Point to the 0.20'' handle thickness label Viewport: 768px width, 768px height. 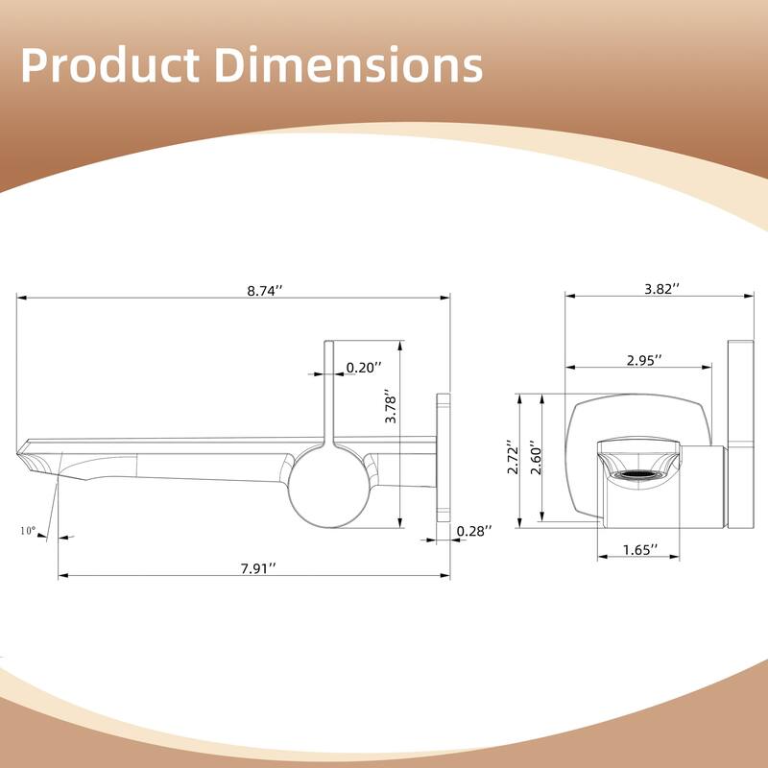coord(364,367)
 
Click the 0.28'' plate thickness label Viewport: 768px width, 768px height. coord(474,531)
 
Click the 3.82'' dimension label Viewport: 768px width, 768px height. coord(661,287)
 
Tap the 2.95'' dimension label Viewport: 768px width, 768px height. coord(645,360)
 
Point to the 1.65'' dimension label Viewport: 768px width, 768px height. coord(639,550)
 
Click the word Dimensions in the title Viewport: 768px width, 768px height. coord(347,65)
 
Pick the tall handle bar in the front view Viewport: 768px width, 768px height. coord(743,432)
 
